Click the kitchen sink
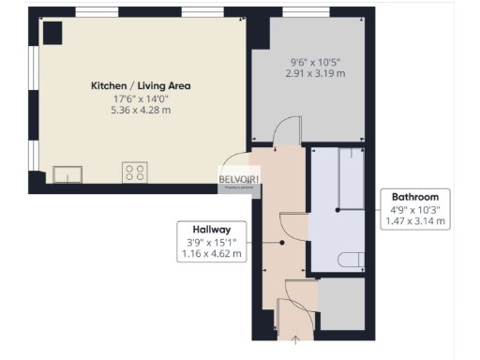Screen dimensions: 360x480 (67, 172)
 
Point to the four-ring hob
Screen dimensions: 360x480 (134, 172)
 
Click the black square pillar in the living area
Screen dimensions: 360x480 (52, 33)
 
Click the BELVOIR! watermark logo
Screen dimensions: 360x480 (239, 179)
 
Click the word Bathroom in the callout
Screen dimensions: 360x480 (414, 197)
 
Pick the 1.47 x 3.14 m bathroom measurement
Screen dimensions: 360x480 (414, 222)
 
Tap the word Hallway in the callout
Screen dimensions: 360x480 (212, 228)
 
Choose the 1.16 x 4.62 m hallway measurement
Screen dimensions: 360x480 (212, 253)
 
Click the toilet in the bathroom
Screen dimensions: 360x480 (351, 259)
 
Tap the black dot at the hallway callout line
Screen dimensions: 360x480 (282, 242)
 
